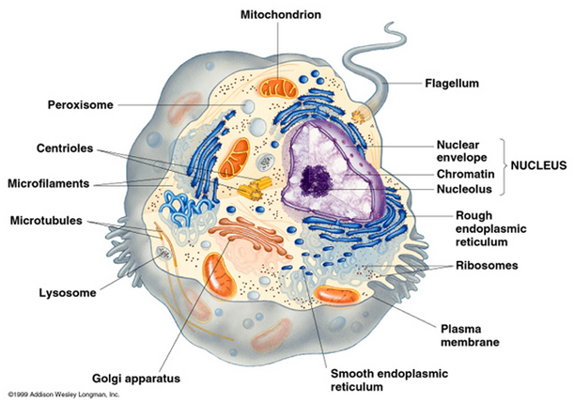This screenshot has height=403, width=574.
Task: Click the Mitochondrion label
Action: pyautogui.click(x=281, y=15)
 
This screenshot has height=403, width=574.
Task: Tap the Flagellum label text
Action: pyautogui.click(x=452, y=84)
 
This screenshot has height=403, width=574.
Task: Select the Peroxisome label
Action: pyautogui.click(x=81, y=105)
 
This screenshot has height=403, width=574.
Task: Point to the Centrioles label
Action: pyautogui.click(x=65, y=148)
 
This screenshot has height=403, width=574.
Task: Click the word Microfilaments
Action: pyautogui.click(x=48, y=183)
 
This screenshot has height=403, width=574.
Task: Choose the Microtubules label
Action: pyautogui.click(x=46, y=221)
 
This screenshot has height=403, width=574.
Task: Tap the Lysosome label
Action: pyautogui.click(x=68, y=293)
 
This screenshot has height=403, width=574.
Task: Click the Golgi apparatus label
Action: pyautogui.click(x=136, y=379)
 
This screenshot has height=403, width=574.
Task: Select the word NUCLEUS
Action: pyautogui.click(x=538, y=165)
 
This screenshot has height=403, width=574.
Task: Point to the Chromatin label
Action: pyautogui.click(x=465, y=174)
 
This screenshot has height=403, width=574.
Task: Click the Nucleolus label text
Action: pyautogui.click(x=464, y=189)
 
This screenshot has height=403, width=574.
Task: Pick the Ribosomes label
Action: pyautogui.click(x=487, y=265)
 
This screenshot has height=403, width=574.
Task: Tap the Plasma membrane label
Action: pyautogui.click(x=470, y=335)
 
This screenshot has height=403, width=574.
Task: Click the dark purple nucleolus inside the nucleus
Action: pyautogui.click(x=317, y=179)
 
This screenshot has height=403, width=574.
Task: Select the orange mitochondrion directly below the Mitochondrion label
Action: pyautogui.click(x=278, y=88)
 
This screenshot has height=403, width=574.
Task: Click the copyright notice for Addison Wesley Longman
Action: pyautogui.click(x=64, y=395)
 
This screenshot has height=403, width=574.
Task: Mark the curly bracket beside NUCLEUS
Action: pyautogui.click(x=504, y=166)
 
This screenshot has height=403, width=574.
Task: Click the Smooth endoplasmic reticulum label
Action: pyautogui.click(x=389, y=380)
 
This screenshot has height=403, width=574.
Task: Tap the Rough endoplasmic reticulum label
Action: pyautogui.click(x=491, y=229)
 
